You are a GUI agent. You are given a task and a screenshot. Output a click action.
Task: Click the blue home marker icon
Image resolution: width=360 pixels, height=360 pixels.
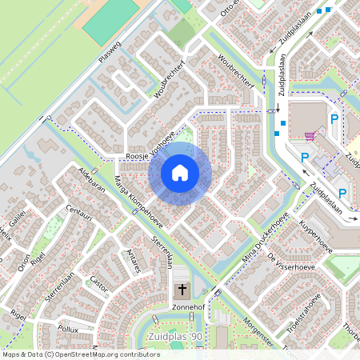(x=180, y=173)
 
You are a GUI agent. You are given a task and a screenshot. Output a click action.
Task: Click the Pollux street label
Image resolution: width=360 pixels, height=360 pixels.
(x=68, y=329)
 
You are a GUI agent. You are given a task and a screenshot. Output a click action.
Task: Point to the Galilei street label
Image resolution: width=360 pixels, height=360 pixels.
(x=17, y=214)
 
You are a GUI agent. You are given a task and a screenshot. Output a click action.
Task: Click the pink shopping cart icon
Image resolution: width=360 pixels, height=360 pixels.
(x=309, y=135)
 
